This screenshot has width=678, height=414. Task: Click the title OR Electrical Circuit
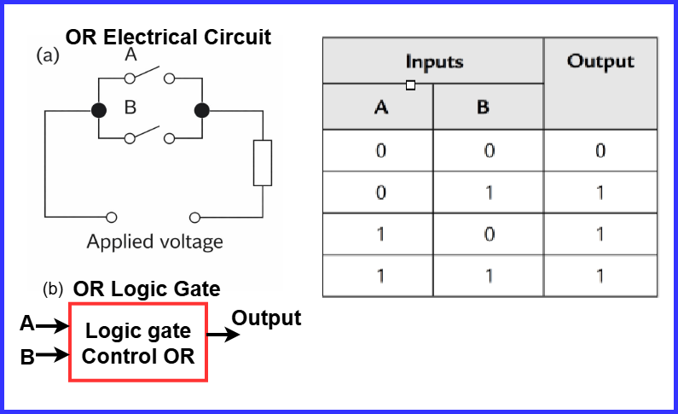[168, 38]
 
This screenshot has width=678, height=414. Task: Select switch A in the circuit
[150, 78]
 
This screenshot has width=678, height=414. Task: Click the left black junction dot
[100, 110]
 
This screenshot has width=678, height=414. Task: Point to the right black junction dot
[201, 110]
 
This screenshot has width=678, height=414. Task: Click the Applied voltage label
[154, 242]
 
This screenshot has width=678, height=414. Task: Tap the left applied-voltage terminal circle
[111, 217]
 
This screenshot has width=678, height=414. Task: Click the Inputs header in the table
[434, 61]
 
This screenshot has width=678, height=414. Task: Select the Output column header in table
[600, 61]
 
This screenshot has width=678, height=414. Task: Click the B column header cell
[489, 108]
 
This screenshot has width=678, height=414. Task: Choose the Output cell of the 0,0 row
[600, 151]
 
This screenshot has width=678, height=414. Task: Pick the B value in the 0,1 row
[489, 192]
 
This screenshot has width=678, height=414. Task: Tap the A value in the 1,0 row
[380, 234]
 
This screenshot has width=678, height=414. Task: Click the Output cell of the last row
[600, 276]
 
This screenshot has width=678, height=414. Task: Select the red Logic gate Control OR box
[138, 343]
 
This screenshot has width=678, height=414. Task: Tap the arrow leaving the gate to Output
[224, 335]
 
